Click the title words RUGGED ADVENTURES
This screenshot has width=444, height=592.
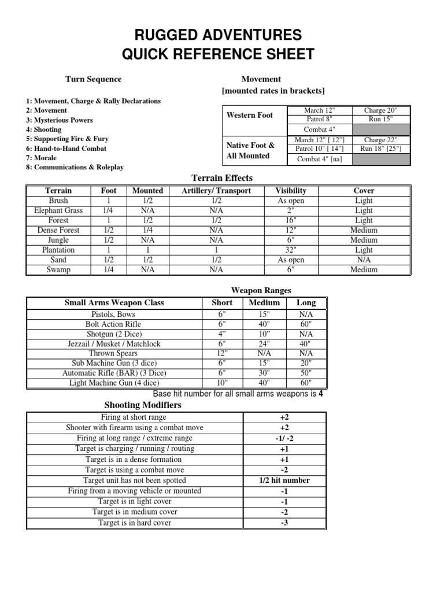(218, 35)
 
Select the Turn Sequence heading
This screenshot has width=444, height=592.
(93, 79)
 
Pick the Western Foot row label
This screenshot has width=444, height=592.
(250, 115)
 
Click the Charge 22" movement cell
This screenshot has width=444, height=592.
(379, 140)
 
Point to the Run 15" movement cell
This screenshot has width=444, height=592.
(379, 119)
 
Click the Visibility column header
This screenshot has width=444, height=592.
(291, 190)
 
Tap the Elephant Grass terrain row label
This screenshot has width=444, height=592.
(58, 210)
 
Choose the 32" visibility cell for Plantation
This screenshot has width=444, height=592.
(291, 250)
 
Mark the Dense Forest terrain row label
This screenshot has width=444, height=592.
(58, 230)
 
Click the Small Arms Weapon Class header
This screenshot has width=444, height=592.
(114, 302)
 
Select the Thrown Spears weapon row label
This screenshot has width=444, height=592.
(114, 353)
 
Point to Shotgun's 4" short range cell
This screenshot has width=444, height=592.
(222, 334)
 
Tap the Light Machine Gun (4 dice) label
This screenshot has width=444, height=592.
(114, 383)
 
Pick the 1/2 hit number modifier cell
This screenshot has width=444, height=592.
(284, 480)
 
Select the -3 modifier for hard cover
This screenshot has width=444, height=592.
(284, 523)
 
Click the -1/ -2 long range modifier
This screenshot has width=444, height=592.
(284, 438)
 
